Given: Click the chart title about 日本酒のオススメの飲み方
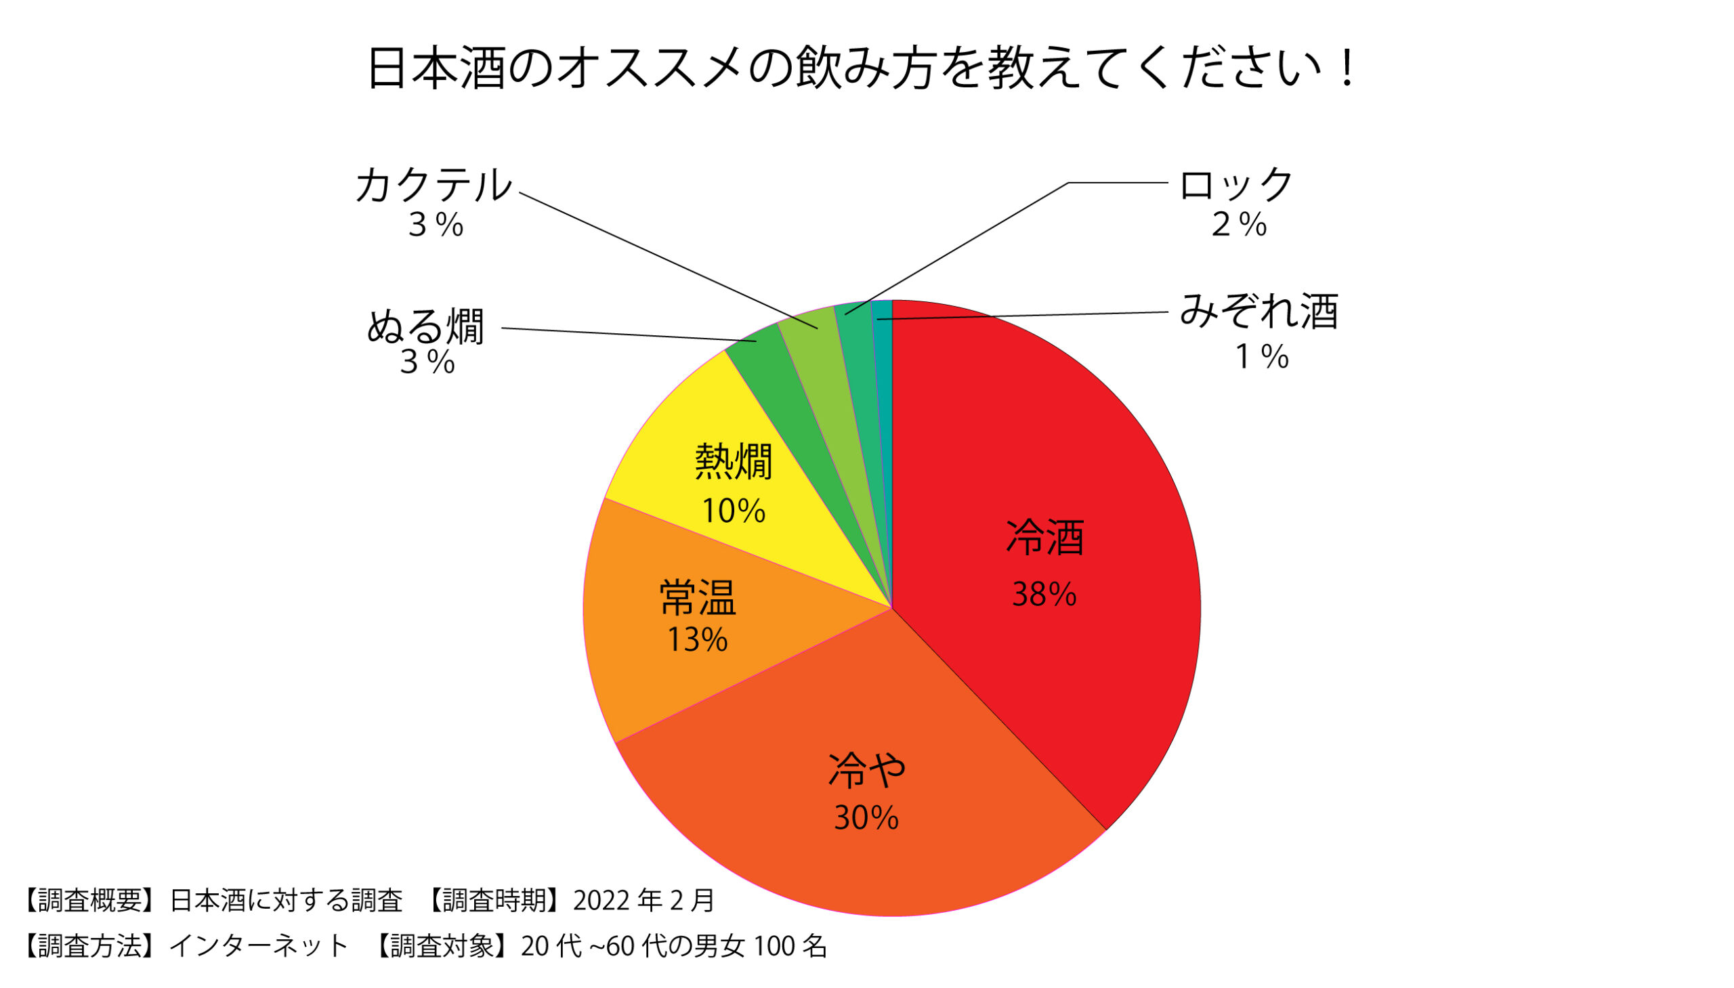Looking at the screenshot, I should coord(860,68).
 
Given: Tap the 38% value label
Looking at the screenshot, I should coord(1044,595).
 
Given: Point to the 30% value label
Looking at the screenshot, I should coord(866,818).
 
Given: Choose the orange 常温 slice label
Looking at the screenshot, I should coord(698,598).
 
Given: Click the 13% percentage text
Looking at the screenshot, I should coord(697,639).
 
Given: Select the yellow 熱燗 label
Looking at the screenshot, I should coord(734,462).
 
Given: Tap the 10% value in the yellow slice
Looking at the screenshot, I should coord(733,511).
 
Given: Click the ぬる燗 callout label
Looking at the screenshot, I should coord(425,327).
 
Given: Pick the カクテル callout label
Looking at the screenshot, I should coord(433,185).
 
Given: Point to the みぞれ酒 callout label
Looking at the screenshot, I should coord(1259,312).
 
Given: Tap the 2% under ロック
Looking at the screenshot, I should coord(1239,225).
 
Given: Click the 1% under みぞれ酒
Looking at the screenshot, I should coord(1261,357).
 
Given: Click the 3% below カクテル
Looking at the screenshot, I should coord(435,225).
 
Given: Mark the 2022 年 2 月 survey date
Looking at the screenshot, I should coord(643,901).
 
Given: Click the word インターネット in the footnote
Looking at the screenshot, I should coord(259,946).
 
